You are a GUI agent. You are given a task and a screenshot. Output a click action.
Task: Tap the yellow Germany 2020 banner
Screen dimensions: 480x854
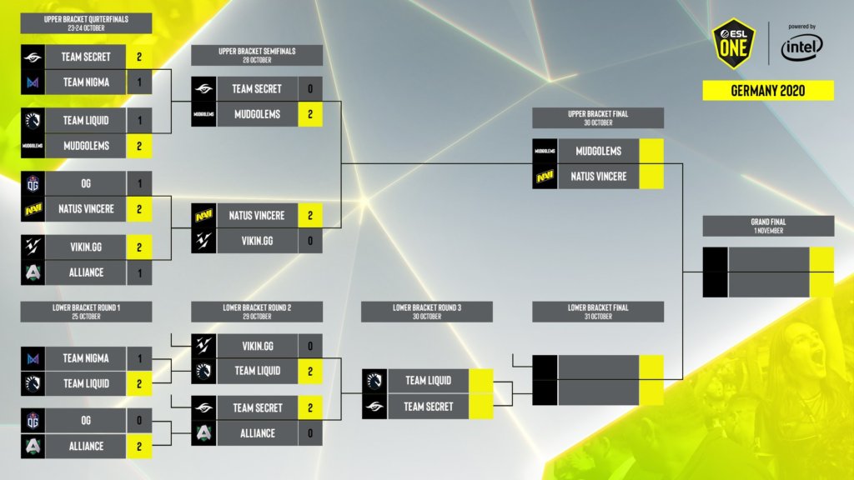[768, 90]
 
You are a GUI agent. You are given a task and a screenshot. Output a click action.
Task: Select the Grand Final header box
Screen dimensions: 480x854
[768, 226]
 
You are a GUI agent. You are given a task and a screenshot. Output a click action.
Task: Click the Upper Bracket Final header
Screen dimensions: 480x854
[598, 117]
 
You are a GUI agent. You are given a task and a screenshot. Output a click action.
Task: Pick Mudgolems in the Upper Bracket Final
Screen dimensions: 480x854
[598, 151]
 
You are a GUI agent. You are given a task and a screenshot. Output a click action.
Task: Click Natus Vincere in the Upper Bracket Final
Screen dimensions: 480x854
[598, 177]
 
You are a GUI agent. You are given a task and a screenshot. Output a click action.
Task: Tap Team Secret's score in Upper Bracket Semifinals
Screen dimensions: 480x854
[310, 88]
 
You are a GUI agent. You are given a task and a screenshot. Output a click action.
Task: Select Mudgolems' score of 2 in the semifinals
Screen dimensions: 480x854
[310, 114]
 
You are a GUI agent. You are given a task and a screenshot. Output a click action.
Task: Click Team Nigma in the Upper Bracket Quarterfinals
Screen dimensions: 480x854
[85, 82]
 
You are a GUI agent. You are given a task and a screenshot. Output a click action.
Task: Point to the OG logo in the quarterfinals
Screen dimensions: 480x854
[33, 183]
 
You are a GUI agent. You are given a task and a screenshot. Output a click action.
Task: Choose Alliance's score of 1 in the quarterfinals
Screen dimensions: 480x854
[139, 272]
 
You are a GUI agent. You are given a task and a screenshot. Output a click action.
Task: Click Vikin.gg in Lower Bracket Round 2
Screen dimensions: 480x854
[257, 345]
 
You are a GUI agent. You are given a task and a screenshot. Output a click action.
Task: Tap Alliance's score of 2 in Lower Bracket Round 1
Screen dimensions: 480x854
[139, 446]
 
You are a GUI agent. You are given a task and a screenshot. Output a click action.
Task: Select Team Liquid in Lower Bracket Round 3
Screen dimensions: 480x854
[428, 381]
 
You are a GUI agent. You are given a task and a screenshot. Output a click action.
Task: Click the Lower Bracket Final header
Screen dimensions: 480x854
[598, 312]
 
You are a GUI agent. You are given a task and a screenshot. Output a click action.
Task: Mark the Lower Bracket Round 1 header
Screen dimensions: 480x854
[86, 312]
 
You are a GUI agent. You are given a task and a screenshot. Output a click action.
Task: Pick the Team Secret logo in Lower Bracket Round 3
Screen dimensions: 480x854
[374, 407]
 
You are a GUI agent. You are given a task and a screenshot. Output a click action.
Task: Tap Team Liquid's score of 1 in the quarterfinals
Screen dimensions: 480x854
[139, 120]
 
